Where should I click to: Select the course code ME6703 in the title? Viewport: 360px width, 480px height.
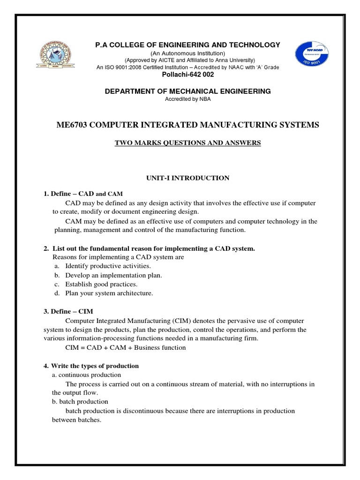tap(71, 125)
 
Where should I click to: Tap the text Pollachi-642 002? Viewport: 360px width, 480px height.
tap(187, 75)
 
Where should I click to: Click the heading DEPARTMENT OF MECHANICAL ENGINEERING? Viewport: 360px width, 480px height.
tap(187, 91)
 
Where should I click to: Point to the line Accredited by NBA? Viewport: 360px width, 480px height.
tap(187, 99)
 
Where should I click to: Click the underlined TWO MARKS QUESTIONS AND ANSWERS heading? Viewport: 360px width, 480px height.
tap(187, 142)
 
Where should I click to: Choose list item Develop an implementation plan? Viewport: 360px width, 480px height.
tap(113, 275)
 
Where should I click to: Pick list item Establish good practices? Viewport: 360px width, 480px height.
tap(101, 284)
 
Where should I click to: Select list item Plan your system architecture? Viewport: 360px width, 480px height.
tap(109, 293)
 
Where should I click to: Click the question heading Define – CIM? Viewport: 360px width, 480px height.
tap(71, 311)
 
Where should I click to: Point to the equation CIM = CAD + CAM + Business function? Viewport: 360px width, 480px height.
tap(126, 347)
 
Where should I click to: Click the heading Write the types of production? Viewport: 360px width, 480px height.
tap(91, 366)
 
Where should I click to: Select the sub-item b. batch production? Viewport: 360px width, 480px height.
tap(80, 402)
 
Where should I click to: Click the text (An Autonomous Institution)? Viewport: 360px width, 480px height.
tap(187, 53)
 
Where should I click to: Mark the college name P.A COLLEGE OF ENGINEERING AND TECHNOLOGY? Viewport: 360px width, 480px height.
tap(187, 45)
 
